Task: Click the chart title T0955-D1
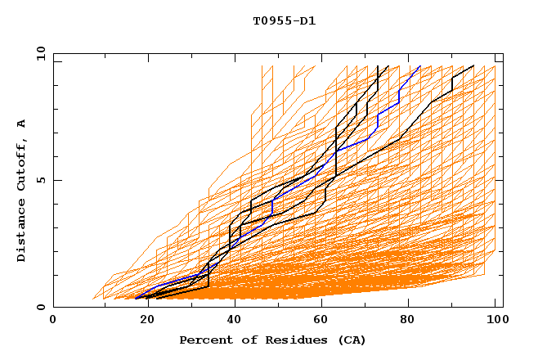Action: [x=284, y=21]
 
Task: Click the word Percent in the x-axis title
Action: [x=204, y=340]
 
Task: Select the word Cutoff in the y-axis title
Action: [x=22, y=163]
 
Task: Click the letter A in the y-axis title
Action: [x=22, y=123]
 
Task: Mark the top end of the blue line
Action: [x=420, y=66]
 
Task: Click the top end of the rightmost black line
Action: [x=473, y=66]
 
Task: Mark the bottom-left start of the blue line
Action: [x=136, y=298]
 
